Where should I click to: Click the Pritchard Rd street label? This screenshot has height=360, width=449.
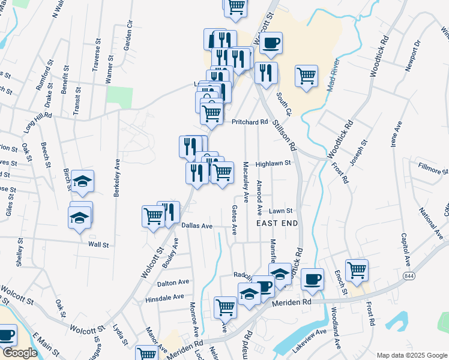coord(250,122)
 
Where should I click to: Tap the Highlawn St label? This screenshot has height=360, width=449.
coord(273,163)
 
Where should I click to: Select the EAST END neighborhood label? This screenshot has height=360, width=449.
coord(277,223)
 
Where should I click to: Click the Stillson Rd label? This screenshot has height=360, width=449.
coord(285,134)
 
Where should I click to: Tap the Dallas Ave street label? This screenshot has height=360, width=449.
coord(197,226)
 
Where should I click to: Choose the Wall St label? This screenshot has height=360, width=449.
coord(98,245)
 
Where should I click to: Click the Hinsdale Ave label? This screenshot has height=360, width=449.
coord(164,297)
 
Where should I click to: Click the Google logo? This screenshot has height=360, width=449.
coord(20,353)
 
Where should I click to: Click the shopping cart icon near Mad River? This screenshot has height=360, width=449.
coord(306,76)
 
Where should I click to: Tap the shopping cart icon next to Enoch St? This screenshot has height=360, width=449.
coord(357,269)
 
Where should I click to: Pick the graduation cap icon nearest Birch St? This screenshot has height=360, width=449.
coord(83,181)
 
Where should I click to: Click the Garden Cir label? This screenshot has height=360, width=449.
coord(128,35)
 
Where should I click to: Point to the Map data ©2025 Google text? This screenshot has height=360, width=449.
coord(411,355)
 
